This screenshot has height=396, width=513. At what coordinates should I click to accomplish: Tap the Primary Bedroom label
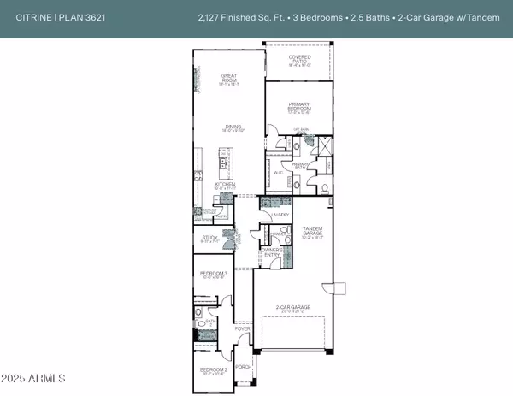click(298, 107)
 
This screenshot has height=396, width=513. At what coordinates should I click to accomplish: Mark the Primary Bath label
click(301, 166)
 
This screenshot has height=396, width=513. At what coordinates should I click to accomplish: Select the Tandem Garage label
click(314, 230)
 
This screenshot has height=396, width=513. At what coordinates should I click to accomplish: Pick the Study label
click(209, 238)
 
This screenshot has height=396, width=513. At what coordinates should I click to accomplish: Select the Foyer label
click(244, 328)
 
